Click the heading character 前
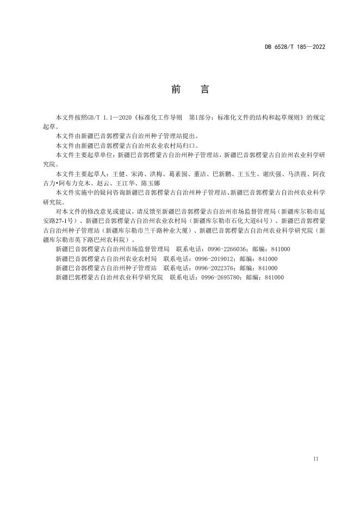[x=176, y=90]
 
